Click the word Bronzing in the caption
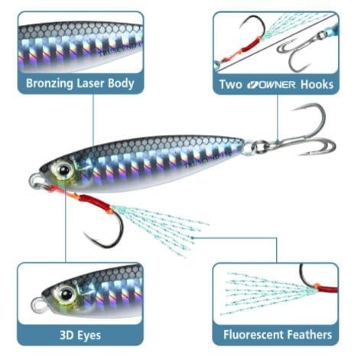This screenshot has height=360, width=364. [50, 84]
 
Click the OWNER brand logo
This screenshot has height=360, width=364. [271, 85]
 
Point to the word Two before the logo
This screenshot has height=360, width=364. [231, 84]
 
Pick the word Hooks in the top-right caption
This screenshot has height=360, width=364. [317, 84]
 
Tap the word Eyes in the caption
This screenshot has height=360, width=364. [89, 336]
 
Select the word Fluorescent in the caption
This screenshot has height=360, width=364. [253, 335]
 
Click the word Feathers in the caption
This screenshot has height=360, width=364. [310, 335]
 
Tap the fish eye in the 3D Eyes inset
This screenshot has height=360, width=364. [67, 294]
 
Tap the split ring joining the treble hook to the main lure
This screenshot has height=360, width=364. [260, 147]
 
